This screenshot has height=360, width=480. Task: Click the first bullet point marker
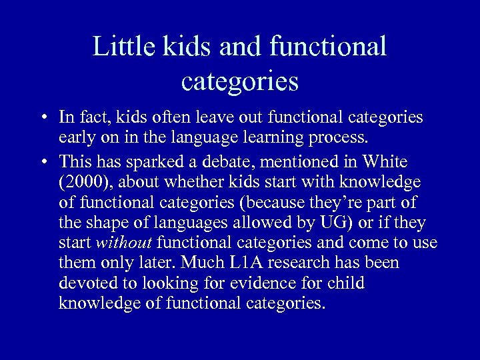tap(42, 118)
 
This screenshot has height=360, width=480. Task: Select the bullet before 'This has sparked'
tap(42, 162)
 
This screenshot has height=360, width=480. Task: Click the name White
tap(383, 161)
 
